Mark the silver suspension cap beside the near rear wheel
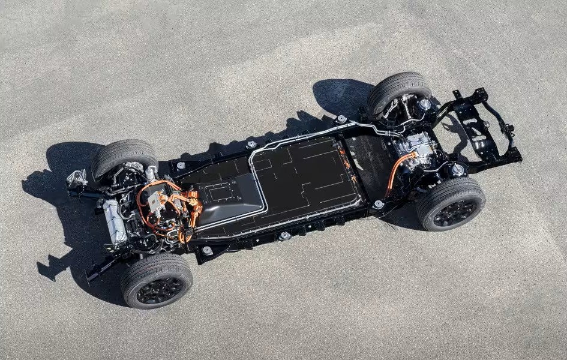tap(457, 170)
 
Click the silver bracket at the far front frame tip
tap(77, 178)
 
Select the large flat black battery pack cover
tap(300, 180)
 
